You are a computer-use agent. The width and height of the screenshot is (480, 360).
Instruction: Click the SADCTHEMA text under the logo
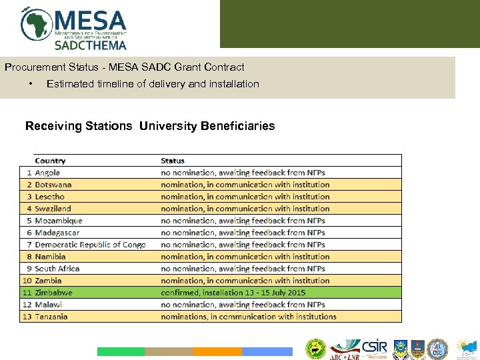click(x=90, y=45)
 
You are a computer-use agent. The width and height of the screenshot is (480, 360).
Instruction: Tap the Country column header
click(x=50, y=161)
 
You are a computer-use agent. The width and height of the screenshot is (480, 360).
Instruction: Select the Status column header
click(x=173, y=161)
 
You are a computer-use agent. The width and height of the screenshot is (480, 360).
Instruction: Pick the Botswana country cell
click(x=53, y=185)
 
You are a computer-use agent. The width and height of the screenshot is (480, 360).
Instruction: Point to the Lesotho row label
click(x=50, y=197)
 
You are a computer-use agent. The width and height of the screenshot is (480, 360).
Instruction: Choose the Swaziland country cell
click(x=53, y=209)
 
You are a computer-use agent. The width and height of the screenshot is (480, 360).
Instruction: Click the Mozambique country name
click(x=59, y=221)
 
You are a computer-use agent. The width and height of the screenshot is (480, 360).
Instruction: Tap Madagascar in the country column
click(x=57, y=233)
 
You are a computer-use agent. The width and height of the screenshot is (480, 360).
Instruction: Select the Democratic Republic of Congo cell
click(x=90, y=245)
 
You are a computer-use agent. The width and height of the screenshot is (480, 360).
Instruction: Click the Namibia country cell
click(x=51, y=257)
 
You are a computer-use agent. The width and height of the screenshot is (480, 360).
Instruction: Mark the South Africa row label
click(x=57, y=269)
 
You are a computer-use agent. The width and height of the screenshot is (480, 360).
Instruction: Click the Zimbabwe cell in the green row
click(x=53, y=293)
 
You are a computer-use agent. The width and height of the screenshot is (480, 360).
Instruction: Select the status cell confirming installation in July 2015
click(x=233, y=293)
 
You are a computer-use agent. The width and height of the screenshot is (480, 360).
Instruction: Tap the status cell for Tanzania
click(x=248, y=317)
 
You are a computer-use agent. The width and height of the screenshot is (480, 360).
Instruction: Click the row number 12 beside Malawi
click(x=27, y=305)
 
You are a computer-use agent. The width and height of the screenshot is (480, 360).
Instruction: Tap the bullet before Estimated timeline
click(x=31, y=84)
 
